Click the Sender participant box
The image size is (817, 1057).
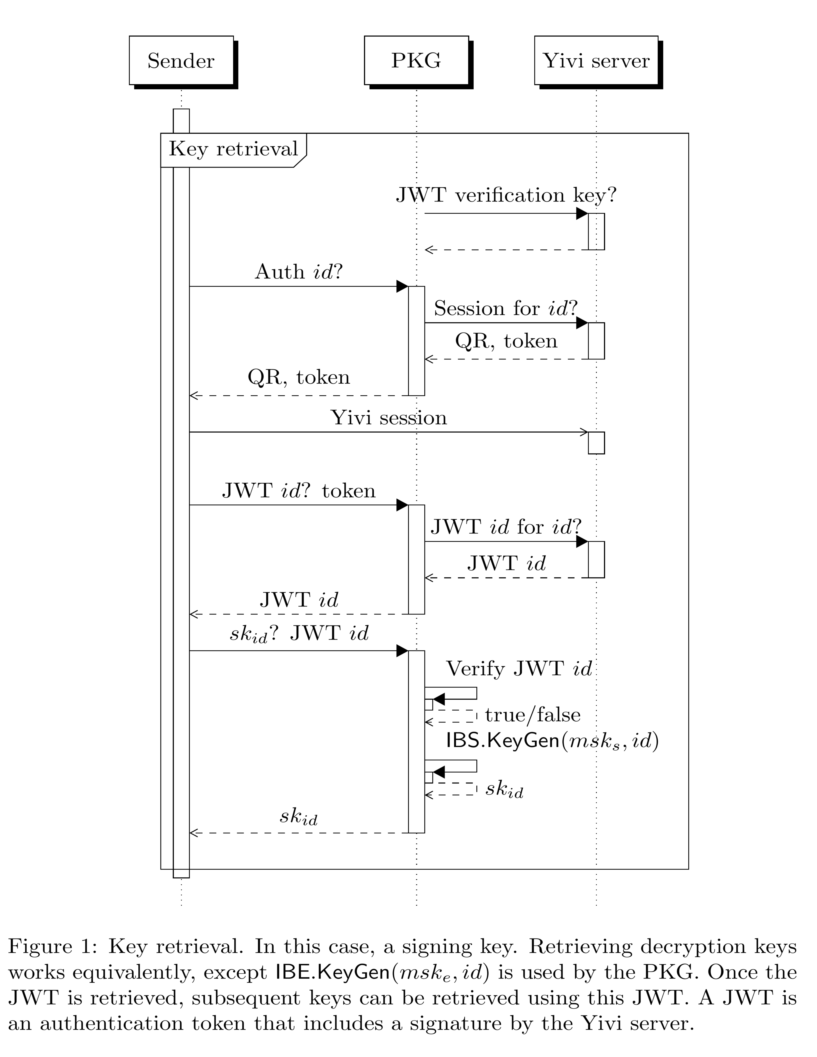(181, 61)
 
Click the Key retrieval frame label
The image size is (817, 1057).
(233, 149)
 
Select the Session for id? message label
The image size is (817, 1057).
(506, 308)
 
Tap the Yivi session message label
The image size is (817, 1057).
(389, 418)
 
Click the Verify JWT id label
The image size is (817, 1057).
(519, 669)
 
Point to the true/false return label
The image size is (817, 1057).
(532, 715)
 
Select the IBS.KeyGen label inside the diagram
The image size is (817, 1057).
(552, 741)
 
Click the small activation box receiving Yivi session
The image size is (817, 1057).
(596, 443)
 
